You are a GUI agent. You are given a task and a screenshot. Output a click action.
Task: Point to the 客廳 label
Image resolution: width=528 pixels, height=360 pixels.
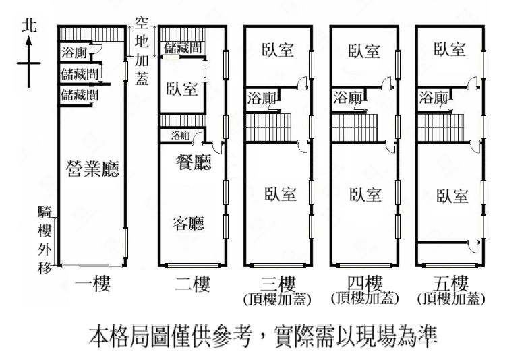pos(188,222)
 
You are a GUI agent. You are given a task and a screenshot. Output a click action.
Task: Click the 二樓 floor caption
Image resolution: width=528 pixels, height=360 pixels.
pos(192,284)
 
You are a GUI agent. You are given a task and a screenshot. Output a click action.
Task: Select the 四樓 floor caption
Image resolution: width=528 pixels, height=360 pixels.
pos(364,282)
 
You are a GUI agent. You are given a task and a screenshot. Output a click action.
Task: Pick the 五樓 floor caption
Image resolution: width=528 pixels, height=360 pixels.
pos(450,282)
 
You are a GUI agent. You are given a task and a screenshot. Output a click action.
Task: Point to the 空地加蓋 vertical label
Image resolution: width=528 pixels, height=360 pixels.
pos(142,51)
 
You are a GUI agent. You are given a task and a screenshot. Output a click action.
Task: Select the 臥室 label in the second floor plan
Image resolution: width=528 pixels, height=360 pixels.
pos(182,88)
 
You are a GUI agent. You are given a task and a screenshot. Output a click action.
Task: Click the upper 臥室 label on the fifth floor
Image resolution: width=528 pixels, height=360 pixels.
pos(450,49)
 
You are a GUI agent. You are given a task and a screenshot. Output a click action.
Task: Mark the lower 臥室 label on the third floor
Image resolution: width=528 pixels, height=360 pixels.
pos(279,194)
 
